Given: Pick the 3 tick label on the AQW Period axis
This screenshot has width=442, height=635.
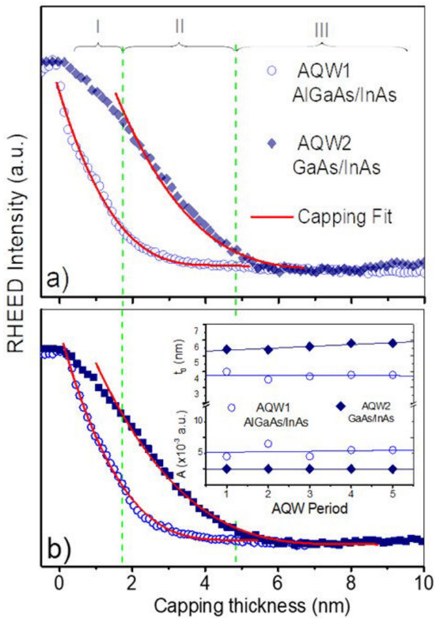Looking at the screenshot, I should [x=310, y=493].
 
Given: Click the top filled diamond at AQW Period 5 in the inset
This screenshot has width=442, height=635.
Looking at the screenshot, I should [x=392, y=343].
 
